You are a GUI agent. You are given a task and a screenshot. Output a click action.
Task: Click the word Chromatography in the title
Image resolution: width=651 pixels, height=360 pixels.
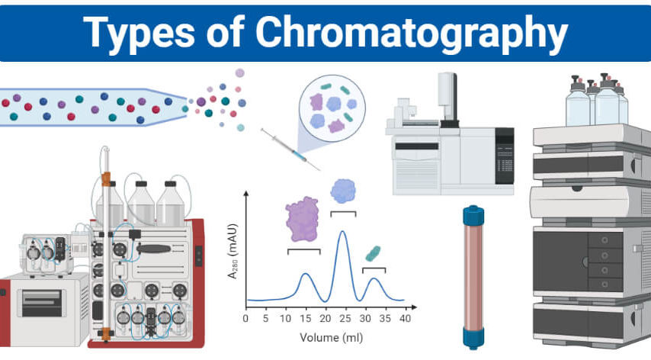[411, 34]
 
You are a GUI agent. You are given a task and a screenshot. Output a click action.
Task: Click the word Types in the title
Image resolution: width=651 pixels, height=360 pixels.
[139, 34]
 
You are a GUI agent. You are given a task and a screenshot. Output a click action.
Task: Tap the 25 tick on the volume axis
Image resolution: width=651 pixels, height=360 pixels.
[345, 319]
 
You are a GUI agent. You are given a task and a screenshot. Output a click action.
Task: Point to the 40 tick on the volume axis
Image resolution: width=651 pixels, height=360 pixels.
[405, 319]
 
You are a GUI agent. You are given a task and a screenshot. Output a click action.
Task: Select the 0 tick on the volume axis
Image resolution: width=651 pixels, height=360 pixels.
[245, 319]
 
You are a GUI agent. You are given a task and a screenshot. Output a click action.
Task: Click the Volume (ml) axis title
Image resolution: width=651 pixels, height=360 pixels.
[332, 338]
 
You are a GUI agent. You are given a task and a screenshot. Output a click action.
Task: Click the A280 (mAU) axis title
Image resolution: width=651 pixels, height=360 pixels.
[232, 251]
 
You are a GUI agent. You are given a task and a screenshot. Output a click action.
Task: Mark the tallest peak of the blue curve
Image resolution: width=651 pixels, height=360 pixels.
[342, 232]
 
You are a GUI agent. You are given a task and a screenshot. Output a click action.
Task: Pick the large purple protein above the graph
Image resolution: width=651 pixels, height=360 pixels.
[302, 219]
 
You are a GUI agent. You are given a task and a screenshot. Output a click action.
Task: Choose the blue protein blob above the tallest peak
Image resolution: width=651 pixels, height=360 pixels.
[343, 191]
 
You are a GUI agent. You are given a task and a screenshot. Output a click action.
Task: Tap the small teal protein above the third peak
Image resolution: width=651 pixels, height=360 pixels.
[373, 253]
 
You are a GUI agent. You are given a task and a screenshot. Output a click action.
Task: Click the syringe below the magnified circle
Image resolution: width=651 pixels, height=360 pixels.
[290, 149]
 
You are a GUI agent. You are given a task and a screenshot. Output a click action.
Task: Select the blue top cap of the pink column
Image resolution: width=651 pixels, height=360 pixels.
[473, 214]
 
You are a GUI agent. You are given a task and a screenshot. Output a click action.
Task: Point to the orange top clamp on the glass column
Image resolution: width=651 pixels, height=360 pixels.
[106, 179]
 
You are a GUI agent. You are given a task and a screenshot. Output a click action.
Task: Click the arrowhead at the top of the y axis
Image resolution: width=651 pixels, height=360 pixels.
[246, 194]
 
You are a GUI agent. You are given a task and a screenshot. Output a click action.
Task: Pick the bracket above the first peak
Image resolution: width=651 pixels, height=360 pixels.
[304, 251]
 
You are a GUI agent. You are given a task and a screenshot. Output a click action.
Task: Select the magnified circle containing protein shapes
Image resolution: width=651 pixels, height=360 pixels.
[332, 109]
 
